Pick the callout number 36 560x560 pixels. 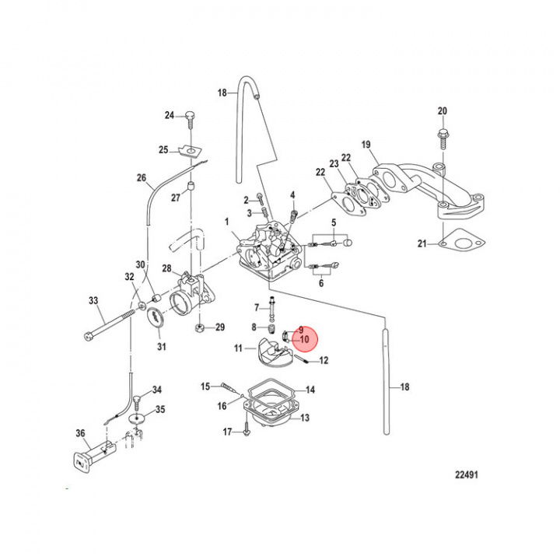coord(80,433)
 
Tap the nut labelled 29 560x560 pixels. coord(200,327)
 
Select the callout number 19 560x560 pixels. coord(366,145)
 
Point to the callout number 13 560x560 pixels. coord(304,418)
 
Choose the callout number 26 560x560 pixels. coord(142,178)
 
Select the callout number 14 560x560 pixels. coord(310,390)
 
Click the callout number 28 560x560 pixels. coord(166,268)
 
